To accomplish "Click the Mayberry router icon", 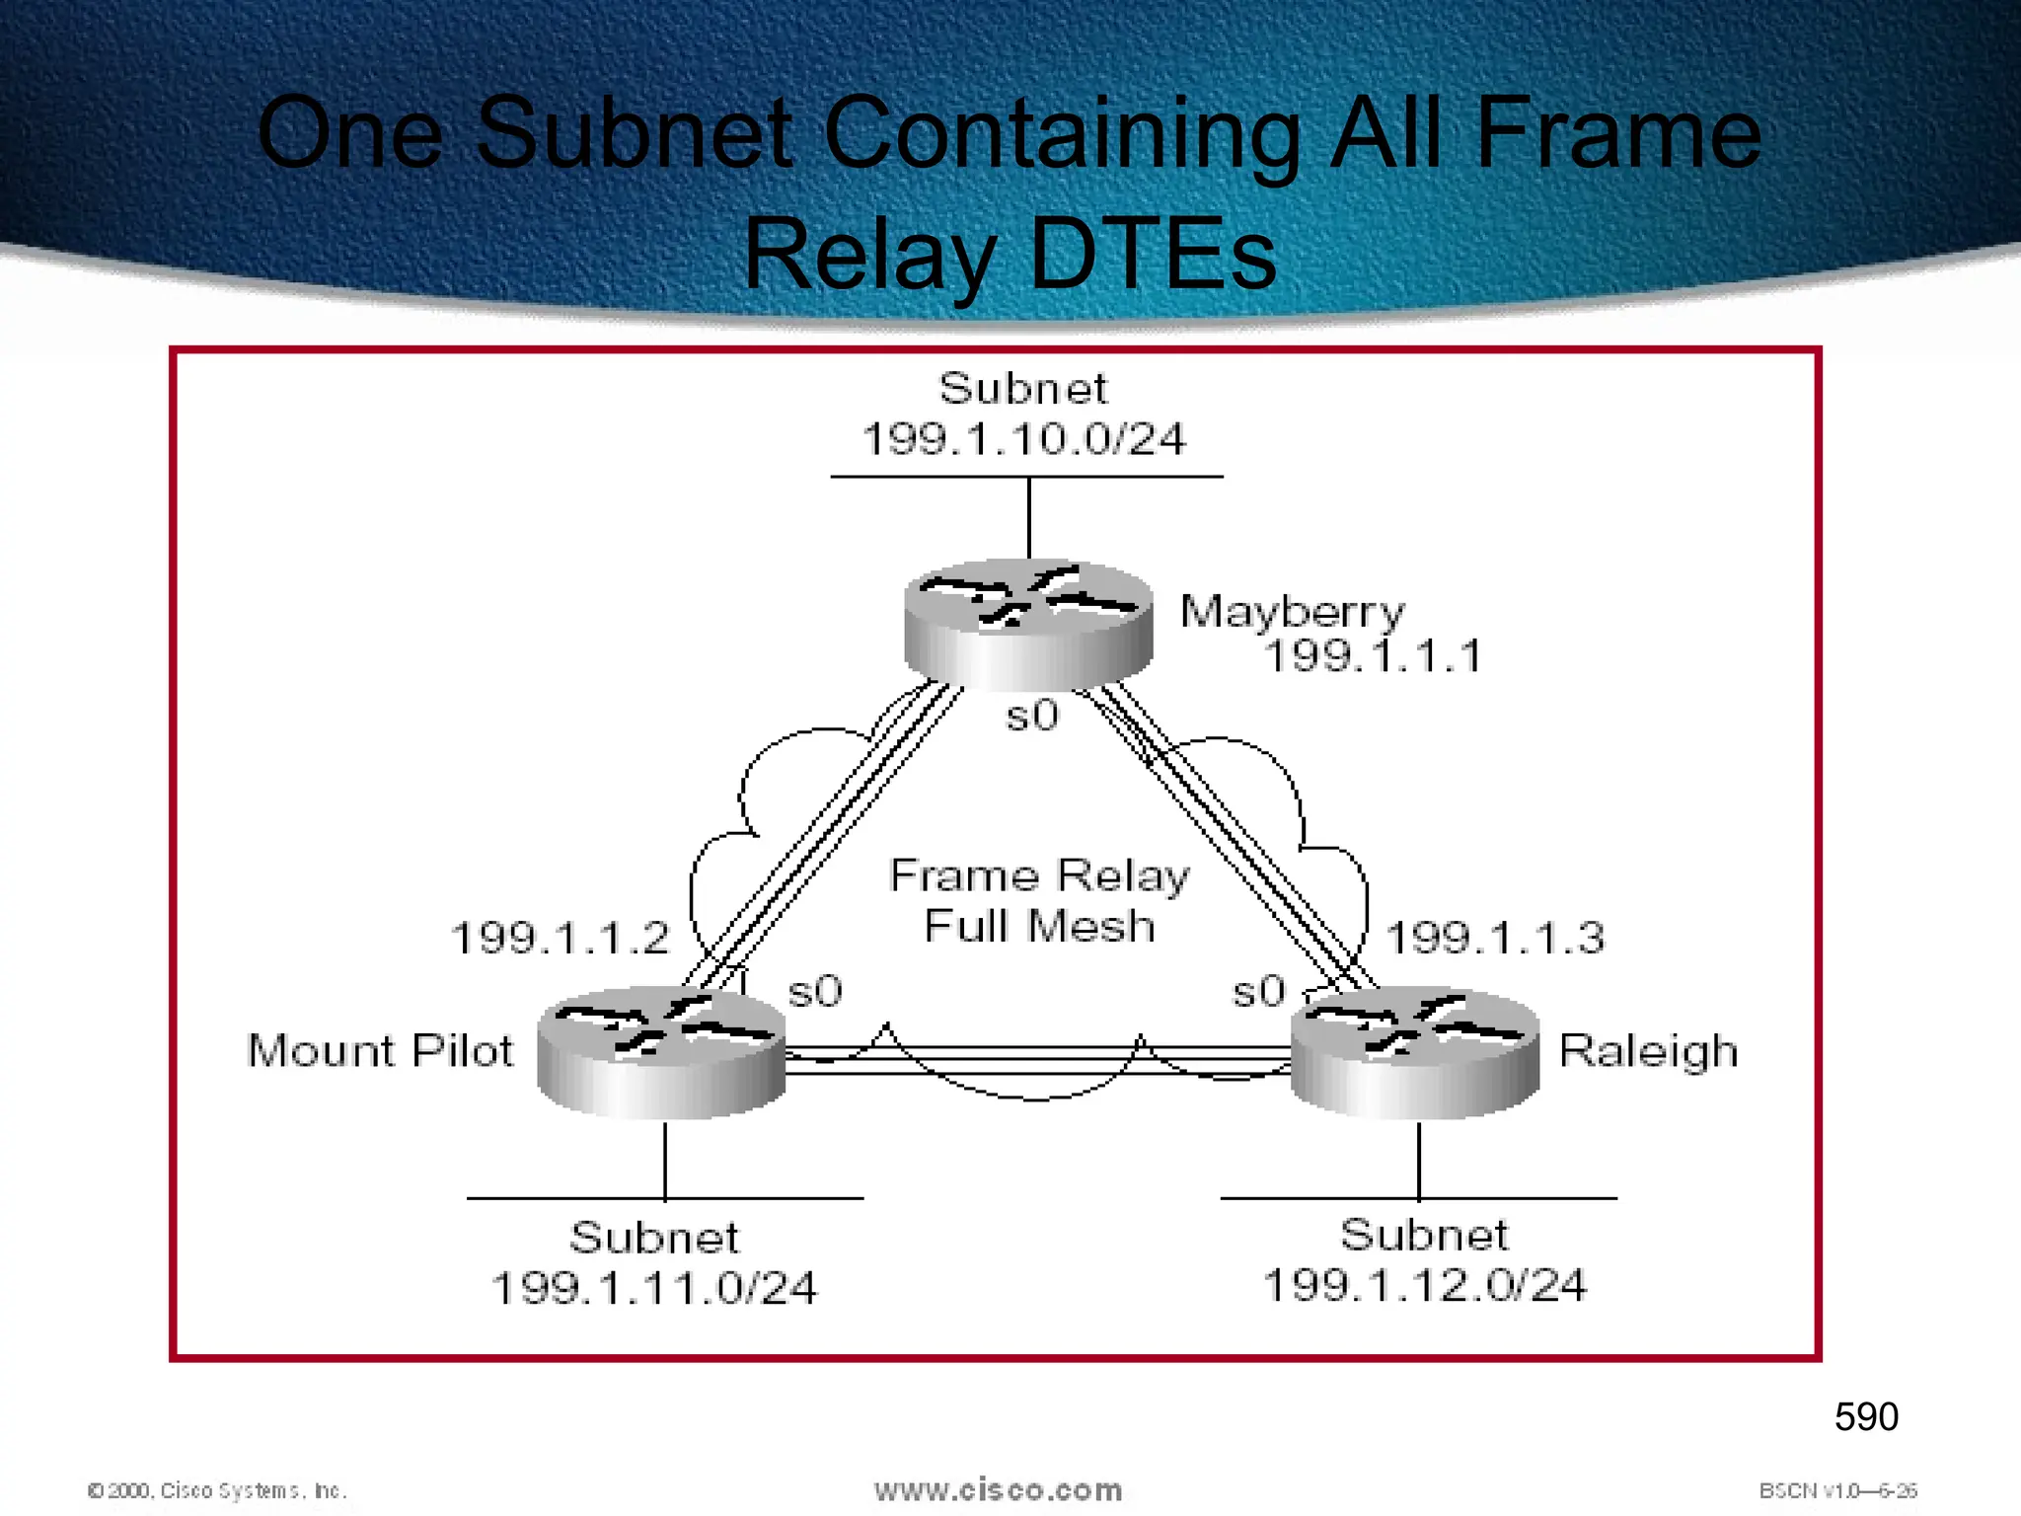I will (1028, 624).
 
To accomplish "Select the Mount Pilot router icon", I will (661, 1052).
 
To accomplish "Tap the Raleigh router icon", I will (1415, 1052).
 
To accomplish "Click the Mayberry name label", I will (1292, 612).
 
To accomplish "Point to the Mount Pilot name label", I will (380, 1050).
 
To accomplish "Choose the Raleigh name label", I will (1648, 1052).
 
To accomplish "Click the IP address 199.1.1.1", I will (1373, 656).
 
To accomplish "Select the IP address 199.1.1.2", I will (560, 938).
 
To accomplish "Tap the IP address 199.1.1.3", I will (1495, 938).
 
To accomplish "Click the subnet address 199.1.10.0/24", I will (1023, 439).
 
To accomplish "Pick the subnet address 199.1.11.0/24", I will (654, 1288).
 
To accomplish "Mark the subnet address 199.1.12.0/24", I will (1425, 1285).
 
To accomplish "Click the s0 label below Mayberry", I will (1032, 716).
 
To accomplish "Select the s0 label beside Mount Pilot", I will (815, 992).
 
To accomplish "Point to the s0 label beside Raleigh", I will (1259, 992).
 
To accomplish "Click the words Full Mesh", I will (1039, 927).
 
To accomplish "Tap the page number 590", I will (1866, 1417).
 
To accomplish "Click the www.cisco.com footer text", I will (998, 1490).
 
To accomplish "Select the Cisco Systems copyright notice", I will (217, 1490).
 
